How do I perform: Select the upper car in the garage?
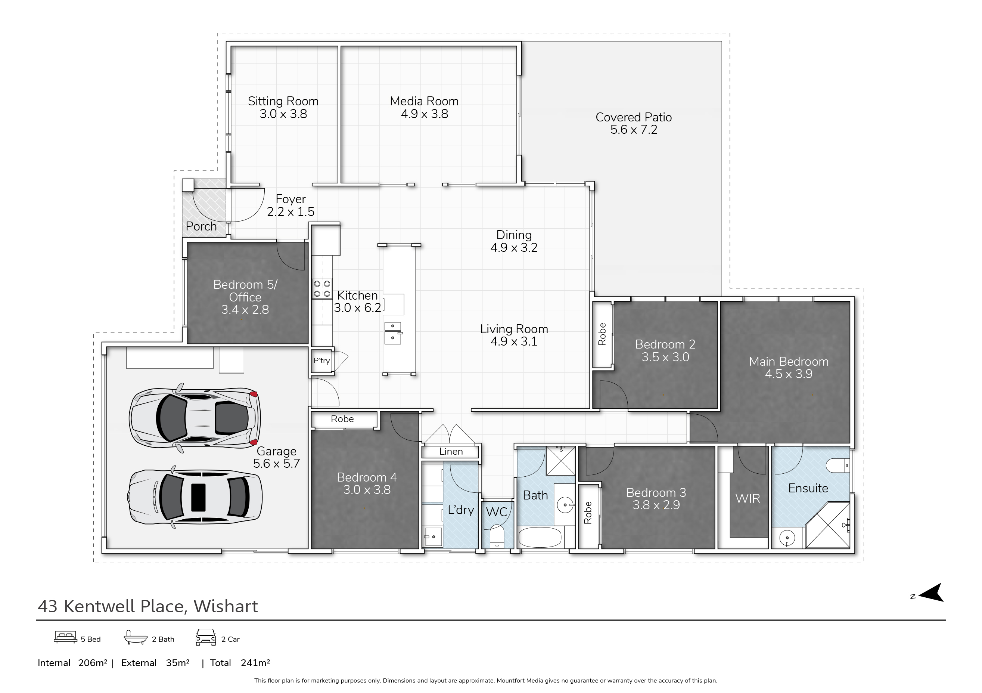tap(194, 418)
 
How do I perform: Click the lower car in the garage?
tap(195, 497)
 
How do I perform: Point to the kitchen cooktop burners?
tap(321, 288)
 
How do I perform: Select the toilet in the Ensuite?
tap(837, 465)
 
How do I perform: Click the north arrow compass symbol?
tap(931, 593)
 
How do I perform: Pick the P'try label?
tap(321, 361)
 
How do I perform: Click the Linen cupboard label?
tap(451, 451)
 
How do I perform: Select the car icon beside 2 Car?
tap(206, 637)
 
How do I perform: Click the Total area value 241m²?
tap(255, 663)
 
